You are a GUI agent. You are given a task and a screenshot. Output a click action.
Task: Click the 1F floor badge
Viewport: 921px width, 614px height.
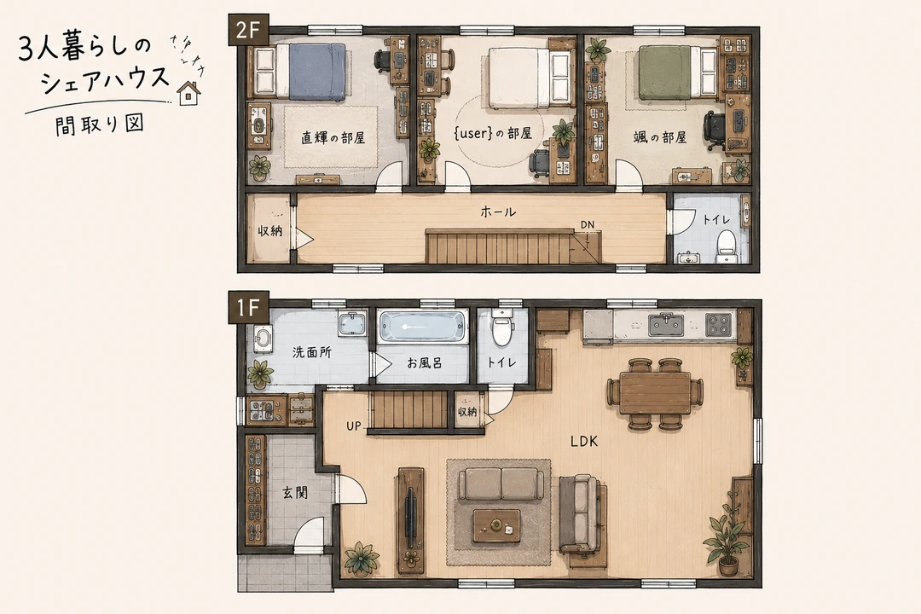coord(249,307)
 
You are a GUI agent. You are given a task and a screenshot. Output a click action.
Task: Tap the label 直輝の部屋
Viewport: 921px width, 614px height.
coord(333,138)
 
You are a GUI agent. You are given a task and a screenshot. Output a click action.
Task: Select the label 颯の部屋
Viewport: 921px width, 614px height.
coord(659,137)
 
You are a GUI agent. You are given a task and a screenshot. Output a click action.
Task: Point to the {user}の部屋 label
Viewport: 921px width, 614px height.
coord(494,133)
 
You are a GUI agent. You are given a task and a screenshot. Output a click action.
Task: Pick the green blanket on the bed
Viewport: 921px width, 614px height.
coord(666,72)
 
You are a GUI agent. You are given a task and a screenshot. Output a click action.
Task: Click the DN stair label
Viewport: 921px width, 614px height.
coord(588,224)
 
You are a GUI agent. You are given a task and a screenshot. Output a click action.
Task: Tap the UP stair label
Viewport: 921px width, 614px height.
coord(354,426)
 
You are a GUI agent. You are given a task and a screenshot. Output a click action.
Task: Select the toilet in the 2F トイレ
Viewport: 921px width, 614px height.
coord(727,246)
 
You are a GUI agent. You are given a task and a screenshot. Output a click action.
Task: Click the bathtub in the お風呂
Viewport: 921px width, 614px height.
coord(422,327)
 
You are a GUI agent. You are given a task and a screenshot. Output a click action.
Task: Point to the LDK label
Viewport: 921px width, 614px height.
coord(584,441)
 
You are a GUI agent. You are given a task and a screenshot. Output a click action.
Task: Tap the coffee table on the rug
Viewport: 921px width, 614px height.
coord(497,524)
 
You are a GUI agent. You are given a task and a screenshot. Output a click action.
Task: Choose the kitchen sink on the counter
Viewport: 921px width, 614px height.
coord(666,324)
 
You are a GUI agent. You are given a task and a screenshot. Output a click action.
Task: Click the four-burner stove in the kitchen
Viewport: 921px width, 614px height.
coord(719,325)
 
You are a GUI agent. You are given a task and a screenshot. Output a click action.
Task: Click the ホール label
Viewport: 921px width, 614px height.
coord(498,212)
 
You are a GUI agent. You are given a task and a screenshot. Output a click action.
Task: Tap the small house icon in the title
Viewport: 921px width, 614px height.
coord(188,92)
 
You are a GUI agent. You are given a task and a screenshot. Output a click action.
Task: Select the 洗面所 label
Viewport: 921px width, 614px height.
coord(312,352)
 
